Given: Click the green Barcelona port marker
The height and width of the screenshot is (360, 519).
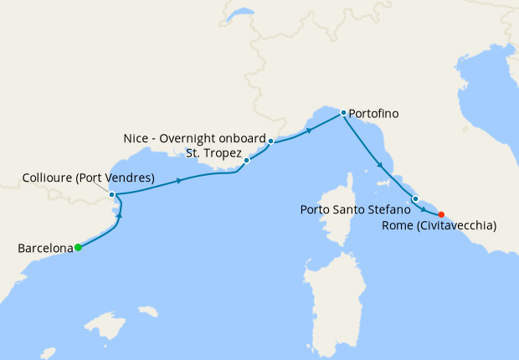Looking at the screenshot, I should (x=78, y=247).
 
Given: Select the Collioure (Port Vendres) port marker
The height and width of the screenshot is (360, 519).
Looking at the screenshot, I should (x=112, y=194).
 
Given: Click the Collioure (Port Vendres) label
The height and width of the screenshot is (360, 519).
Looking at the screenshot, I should (x=86, y=177).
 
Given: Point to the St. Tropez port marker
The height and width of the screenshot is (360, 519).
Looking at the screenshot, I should (x=247, y=159).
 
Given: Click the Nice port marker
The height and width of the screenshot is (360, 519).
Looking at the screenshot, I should (x=271, y=141).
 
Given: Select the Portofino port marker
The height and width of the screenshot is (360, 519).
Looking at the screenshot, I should (x=343, y=112).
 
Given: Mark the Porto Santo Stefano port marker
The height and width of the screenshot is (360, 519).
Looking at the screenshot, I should (x=415, y=198).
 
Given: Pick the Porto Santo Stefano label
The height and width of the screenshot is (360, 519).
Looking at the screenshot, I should (x=355, y=209).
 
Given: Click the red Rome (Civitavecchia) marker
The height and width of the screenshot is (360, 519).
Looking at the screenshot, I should (x=441, y=213).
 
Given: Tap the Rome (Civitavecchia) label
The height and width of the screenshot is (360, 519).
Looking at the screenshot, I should (x=439, y=225).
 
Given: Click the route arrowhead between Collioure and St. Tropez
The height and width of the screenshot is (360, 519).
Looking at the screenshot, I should (x=180, y=180).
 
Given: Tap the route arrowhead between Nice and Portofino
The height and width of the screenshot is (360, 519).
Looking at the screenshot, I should (x=309, y=130).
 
